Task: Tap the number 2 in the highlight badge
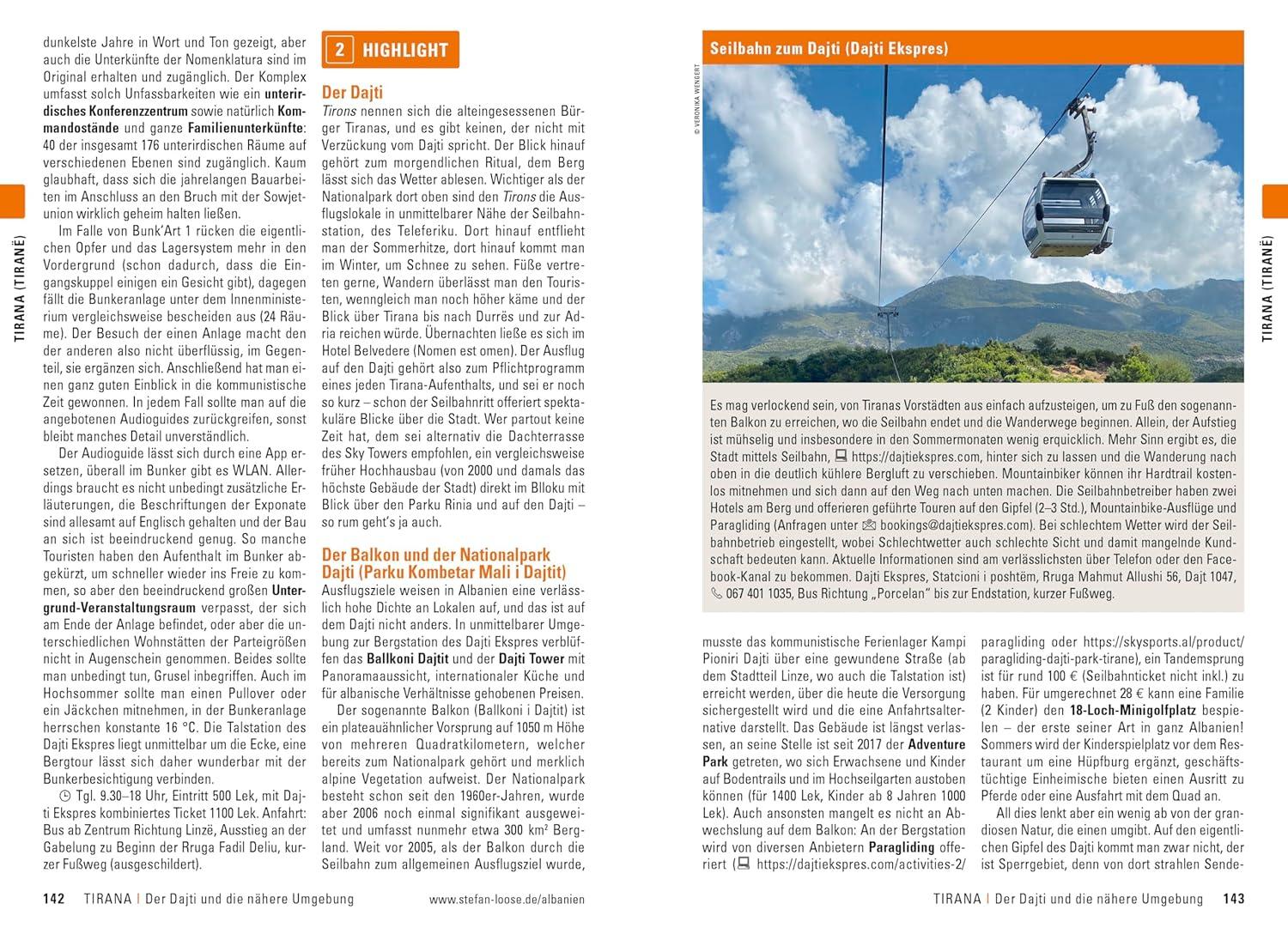339,50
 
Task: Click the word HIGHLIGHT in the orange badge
405,50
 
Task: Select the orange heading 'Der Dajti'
352,92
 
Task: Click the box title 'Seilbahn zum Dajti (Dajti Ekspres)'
829,48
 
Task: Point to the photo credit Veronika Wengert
698,99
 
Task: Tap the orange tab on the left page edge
12,200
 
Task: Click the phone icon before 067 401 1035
716,594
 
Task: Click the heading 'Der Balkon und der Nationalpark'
436,555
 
